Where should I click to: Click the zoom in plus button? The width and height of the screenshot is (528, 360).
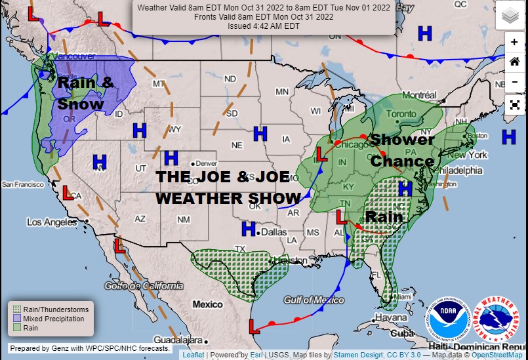(514, 42)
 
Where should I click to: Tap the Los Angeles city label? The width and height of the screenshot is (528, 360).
(52, 222)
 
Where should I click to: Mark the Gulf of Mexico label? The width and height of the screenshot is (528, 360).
(314, 300)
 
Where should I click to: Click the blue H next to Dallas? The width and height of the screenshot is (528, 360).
(248, 229)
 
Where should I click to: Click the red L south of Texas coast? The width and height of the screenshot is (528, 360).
(254, 326)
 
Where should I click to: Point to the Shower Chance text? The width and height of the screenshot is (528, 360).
(402, 150)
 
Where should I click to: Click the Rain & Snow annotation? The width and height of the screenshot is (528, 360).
(85, 93)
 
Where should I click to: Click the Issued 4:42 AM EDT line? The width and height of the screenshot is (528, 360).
(264, 26)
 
